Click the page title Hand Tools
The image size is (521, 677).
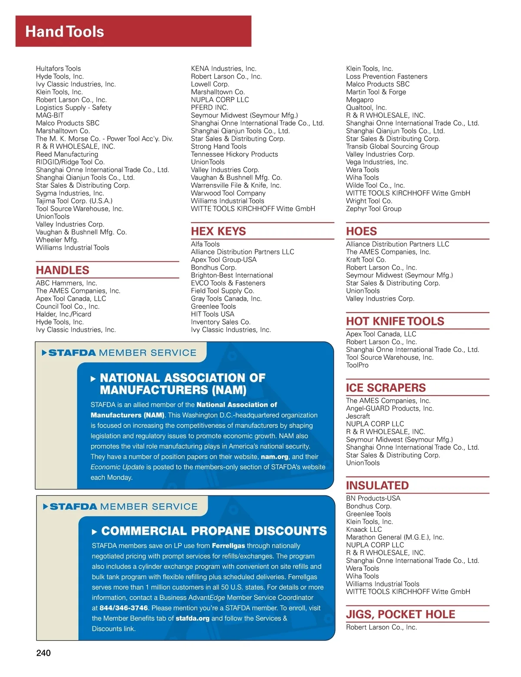click(x=65, y=32)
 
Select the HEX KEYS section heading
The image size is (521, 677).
click(x=218, y=231)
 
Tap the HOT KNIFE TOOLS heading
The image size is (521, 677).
click(x=395, y=321)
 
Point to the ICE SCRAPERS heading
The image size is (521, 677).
click(x=386, y=388)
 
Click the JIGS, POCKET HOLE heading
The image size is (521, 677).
click(x=400, y=614)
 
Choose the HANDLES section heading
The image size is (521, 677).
click(x=63, y=270)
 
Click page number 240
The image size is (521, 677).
click(x=43, y=653)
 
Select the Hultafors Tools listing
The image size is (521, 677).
click(x=58, y=69)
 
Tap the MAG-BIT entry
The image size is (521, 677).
click(x=49, y=115)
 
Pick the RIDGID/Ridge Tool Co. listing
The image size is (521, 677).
click(x=70, y=162)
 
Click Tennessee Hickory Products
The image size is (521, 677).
click(x=234, y=154)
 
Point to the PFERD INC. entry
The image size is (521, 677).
click(x=209, y=107)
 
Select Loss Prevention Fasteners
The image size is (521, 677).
click(x=386, y=76)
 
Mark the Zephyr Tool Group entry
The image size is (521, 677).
click(x=373, y=209)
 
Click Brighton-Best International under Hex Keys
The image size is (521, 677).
click(x=232, y=275)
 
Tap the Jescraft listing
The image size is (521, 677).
click(x=358, y=416)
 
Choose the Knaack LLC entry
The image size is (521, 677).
click(x=364, y=529)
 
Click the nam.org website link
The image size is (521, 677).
click(x=274, y=457)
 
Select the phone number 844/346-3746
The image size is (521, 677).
click(x=123, y=608)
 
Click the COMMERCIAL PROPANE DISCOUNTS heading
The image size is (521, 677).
click(x=214, y=531)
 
